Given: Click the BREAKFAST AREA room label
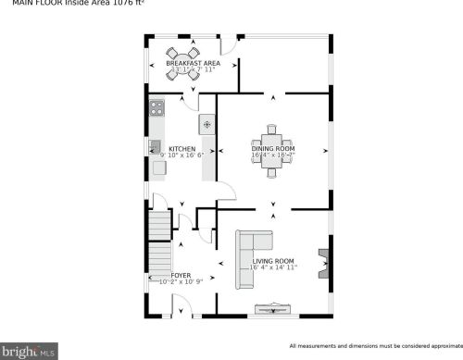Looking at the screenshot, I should point(193,63).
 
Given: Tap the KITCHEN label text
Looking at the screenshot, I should point(181,148).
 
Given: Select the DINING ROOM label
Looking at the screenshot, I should point(273,148).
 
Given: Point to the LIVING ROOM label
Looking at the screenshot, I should point(272,261).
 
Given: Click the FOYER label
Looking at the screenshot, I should point(181,275).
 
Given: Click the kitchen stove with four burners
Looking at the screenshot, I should point(156,106).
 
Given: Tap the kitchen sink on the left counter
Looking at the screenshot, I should point(156,145).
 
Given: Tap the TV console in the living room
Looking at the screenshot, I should point(272,309).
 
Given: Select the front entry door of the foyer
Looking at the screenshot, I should point(181,316).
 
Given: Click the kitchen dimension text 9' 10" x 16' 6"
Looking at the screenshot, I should point(181,155).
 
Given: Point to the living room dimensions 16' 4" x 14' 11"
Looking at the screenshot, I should point(272,268).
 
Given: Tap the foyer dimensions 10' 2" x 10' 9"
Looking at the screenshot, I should point(181,281).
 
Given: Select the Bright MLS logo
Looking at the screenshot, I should point(30,352).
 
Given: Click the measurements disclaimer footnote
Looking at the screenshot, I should point(374,345).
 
